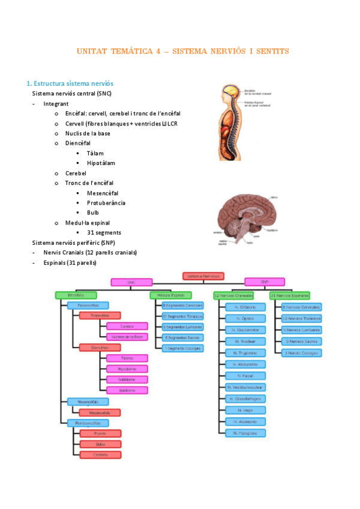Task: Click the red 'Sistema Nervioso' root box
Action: point(203,276)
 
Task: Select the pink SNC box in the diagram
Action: point(131,282)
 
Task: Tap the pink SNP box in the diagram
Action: point(265,282)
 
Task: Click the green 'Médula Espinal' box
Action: point(171,295)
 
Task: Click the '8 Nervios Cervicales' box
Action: point(301,307)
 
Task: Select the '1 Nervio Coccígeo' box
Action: point(301,353)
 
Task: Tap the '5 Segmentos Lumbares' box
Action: point(182,327)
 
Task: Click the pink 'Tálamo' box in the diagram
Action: point(127,358)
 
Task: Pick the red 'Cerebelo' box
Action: point(100,454)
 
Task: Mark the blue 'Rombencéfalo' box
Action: point(88,423)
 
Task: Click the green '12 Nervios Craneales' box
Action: point(233,295)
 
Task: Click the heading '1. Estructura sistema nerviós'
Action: point(70,83)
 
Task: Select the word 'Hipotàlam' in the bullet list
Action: point(101,163)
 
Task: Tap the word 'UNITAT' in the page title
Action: point(92,52)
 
